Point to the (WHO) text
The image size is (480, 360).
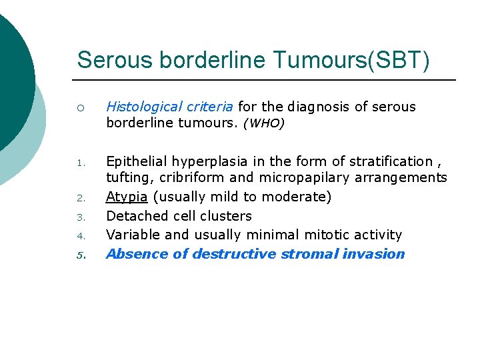pyautogui.click(x=263, y=124)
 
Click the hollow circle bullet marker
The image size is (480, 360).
pyautogui.click(x=80, y=107)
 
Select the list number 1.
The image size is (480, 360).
pyautogui.click(x=80, y=162)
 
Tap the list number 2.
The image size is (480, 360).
pyautogui.click(x=80, y=198)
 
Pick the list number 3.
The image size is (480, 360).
pyautogui.click(x=80, y=217)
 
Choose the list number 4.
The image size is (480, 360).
pyautogui.click(x=80, y=235)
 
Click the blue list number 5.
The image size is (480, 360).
pyautogui.click(x=80, y=254)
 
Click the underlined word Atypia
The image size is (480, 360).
pyautogui.click(x=127, y=197)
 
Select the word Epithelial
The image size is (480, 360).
pyautogui.click(x=137, y=161)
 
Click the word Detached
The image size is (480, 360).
pyautogui.click(x=134, y=216)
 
